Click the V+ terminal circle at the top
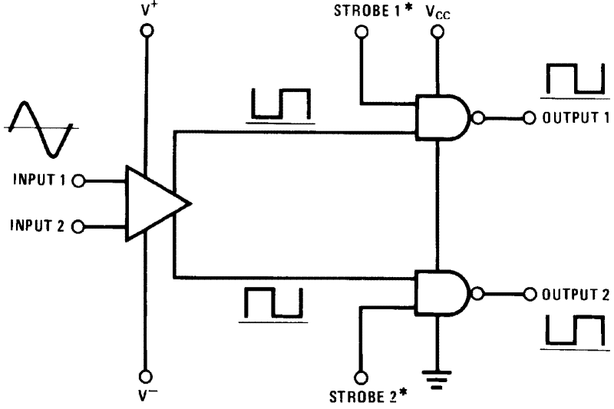pos(146,31)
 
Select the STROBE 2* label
pos(365,397)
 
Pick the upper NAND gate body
pos(441,118)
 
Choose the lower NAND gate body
pos(441,293)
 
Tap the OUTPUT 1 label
pos(576,118)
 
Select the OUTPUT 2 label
pos(576,294)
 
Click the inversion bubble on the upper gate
pos(479,118)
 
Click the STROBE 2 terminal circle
pos(361,377)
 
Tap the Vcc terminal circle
pos(437,31)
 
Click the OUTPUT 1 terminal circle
pos(530,118)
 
